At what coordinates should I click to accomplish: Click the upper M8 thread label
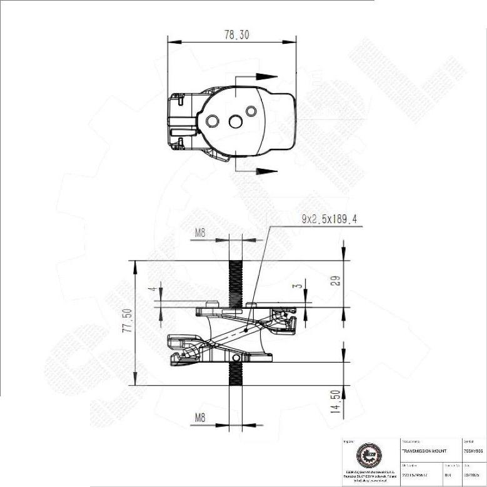(x=201, y=233)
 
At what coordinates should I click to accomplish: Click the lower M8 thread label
(x=201, y=417)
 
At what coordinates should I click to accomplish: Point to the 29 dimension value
(x=335, y=281)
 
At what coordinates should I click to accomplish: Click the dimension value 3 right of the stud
(x=299, y=286)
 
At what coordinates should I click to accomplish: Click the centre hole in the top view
(x=235, y=121)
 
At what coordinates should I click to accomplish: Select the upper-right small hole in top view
(x=251, y=111)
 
